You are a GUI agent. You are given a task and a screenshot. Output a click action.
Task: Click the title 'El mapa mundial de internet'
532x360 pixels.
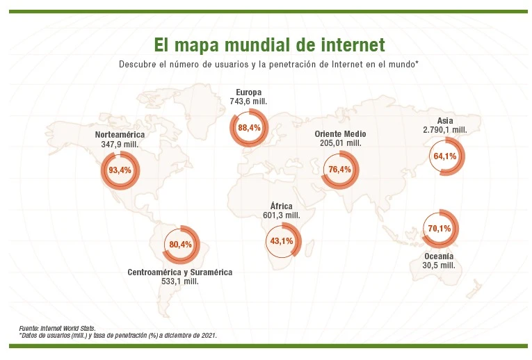(268, 45)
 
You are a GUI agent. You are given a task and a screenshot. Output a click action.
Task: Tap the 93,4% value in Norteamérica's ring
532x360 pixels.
(120, 170)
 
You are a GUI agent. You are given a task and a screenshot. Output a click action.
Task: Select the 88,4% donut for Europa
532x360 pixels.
(248, 128)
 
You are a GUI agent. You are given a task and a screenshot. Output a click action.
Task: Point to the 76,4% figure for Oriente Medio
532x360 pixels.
(340, 170)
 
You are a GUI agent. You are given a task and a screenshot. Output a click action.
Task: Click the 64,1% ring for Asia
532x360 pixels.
(444, 156)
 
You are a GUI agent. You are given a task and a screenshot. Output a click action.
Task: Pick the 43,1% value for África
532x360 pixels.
(281, 241)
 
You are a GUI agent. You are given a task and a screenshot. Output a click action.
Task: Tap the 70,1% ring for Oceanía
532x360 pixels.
(440, 229)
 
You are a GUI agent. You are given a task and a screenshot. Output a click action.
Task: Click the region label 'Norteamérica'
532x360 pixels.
(120, 134)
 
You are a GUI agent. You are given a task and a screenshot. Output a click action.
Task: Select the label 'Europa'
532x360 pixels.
(248, 92)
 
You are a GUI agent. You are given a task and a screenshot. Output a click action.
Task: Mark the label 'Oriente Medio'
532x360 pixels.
(340, 133)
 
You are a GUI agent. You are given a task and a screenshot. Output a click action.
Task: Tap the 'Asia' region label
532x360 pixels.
(444, 120)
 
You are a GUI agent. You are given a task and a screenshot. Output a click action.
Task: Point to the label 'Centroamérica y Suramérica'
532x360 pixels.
(180, 272)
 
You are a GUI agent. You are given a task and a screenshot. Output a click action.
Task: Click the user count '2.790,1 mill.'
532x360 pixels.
(444, 130)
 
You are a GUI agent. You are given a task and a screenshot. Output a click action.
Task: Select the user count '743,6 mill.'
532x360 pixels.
(248, 101)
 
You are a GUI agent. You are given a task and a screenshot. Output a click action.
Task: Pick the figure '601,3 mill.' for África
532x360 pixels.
(281, 215)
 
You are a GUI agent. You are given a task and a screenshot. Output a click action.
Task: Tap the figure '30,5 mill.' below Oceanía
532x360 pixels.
(439, 265)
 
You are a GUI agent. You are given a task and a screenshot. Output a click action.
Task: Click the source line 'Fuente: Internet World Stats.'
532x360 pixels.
(57, 327)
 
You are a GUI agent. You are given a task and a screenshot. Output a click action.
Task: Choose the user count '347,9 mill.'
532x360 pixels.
(120, 144)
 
